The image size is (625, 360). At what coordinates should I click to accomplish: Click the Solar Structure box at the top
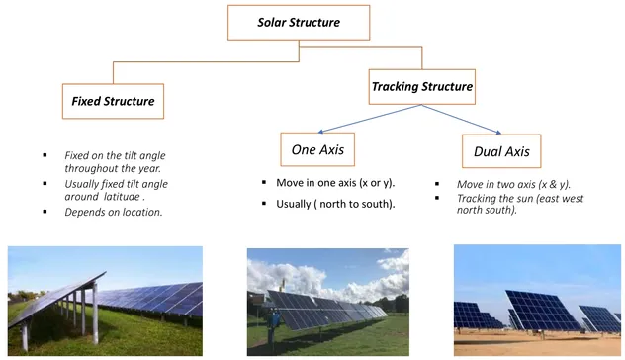coord(299,22)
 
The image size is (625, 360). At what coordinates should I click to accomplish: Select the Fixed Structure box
coord(114,101)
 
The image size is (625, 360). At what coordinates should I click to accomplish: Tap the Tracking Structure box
coord(422,87)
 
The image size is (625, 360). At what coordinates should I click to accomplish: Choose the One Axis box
coord(317,150)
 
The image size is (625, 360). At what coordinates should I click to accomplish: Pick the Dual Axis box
coord(502,151)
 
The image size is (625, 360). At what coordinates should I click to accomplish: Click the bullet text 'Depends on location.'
coord(113,213)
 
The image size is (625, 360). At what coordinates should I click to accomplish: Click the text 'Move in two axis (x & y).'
coord(513,185)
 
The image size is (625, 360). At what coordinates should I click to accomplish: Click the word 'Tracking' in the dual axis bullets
coord(479,198)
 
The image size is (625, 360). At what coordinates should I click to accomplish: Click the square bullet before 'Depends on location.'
coord(45,213)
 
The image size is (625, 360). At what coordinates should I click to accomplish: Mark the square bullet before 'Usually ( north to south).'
coord(265,204)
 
